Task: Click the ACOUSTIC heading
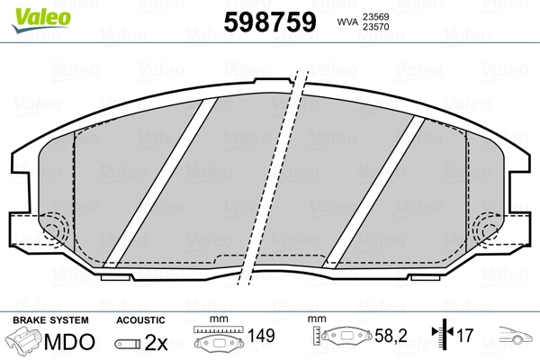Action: pyautogui.click(x=140, y=319)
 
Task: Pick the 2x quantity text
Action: pyautogui.click(x=157, y=342)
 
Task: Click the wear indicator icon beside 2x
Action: pyautogui.click(x=129, y=343)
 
